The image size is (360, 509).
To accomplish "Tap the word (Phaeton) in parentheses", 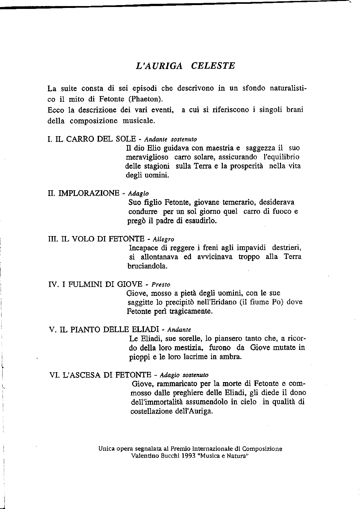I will coord(142,99).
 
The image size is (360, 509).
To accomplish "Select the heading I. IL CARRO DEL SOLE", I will coord(92,139).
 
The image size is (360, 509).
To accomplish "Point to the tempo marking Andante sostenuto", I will coord(171,139).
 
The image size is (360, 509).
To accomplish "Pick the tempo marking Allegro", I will coord(164,239).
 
